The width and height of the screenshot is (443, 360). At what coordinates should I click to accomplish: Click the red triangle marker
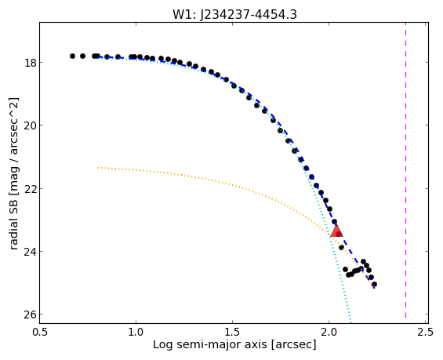tap(336, 231)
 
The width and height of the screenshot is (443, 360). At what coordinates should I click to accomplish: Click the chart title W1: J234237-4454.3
tap(234, 14)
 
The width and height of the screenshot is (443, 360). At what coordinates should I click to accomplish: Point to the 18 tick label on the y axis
tap(31, 63)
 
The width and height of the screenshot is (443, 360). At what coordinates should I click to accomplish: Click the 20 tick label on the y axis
tap(31, 125)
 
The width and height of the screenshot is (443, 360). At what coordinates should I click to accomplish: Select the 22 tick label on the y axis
tap(31, 188)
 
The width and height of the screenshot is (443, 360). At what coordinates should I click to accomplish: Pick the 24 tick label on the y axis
tap(31, 252)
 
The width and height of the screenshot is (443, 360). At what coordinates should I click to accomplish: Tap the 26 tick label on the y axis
tap(31, 315)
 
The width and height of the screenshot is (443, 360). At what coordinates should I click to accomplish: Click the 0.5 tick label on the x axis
tap(39, 332)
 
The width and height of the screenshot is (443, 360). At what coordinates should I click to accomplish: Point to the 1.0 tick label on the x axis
tap(136, 332)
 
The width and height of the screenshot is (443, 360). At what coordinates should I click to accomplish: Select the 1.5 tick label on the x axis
tap(232, 332)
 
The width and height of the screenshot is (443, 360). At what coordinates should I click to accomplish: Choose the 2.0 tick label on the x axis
tap(329, 332)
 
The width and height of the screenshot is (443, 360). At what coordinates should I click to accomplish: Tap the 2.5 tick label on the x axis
tap(425, 332)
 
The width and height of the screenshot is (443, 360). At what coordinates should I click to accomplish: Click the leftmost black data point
tap(72, 56)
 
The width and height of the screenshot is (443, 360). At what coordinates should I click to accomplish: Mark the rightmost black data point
tap(374, 284)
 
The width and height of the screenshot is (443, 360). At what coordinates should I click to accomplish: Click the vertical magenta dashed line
tap(405, 170)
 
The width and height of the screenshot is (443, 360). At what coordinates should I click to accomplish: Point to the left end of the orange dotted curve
tap(98, 168)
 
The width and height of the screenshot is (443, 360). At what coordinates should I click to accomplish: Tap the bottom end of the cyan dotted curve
tap(351, 322)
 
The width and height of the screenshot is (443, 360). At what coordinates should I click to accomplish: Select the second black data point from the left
tap(82, 56)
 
